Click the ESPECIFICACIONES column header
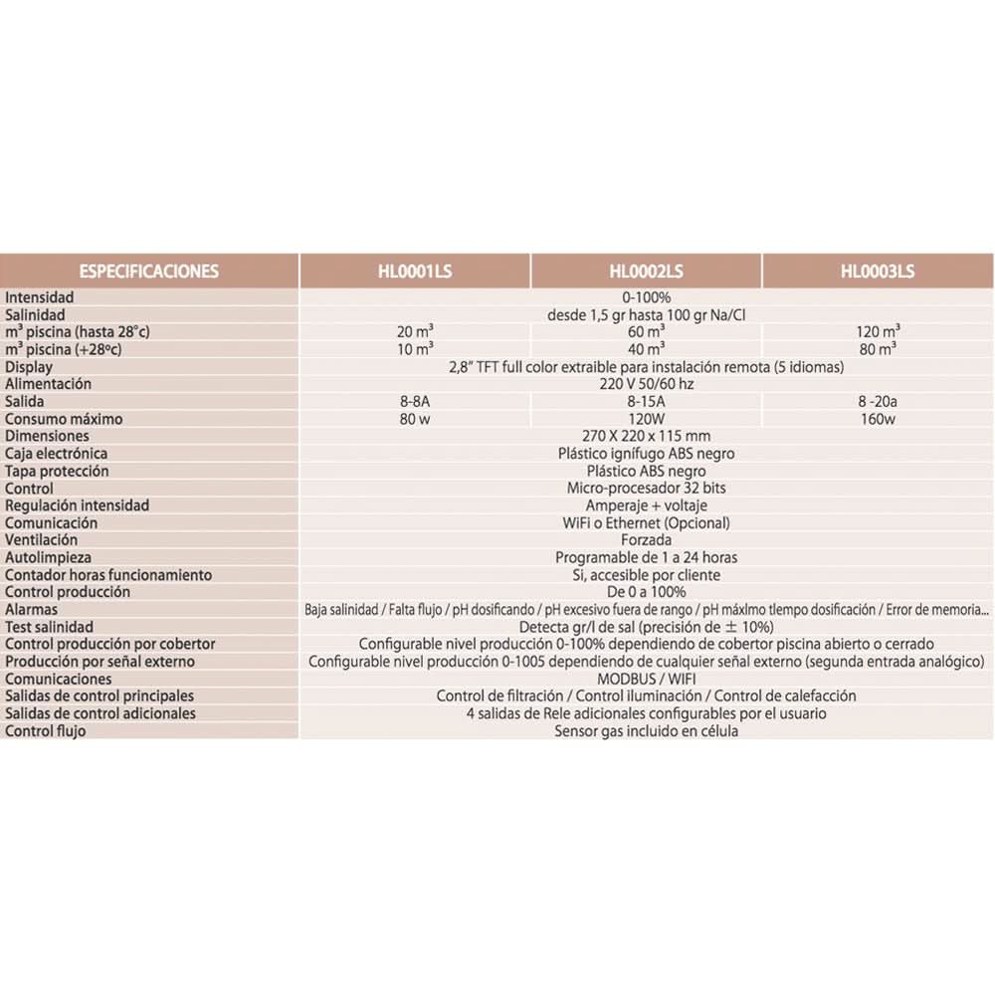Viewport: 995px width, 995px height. tap(148, 271)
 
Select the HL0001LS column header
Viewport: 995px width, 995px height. tap(415, 271)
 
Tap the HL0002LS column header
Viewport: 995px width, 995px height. tap(646, 271)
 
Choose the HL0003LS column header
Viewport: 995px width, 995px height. tap(877, 271)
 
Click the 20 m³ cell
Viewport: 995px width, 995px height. tap(415, 331)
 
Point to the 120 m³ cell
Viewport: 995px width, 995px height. tap(878, 331)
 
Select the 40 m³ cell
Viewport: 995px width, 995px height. tap(647, 348)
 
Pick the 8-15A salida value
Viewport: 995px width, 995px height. tap(647, 401)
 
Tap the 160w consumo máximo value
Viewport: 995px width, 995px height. tap(878, 419)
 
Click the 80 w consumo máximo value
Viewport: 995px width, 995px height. tap(415, 419)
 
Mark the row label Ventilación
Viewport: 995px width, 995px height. tap(41, 539)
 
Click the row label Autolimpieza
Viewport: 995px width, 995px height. tap(47, 557)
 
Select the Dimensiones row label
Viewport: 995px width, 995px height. tap(46, 436)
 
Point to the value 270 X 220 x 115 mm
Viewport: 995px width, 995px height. tap(646, 436)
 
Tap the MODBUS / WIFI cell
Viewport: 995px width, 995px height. tap(646, 679)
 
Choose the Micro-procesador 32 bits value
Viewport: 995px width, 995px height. tap(646, 489)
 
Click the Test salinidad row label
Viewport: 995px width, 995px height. tap(49, 627)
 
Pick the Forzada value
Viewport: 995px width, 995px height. tap(646, 540)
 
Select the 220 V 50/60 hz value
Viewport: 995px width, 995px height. tap(646, 384)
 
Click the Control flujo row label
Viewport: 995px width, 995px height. tap(45, 731)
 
